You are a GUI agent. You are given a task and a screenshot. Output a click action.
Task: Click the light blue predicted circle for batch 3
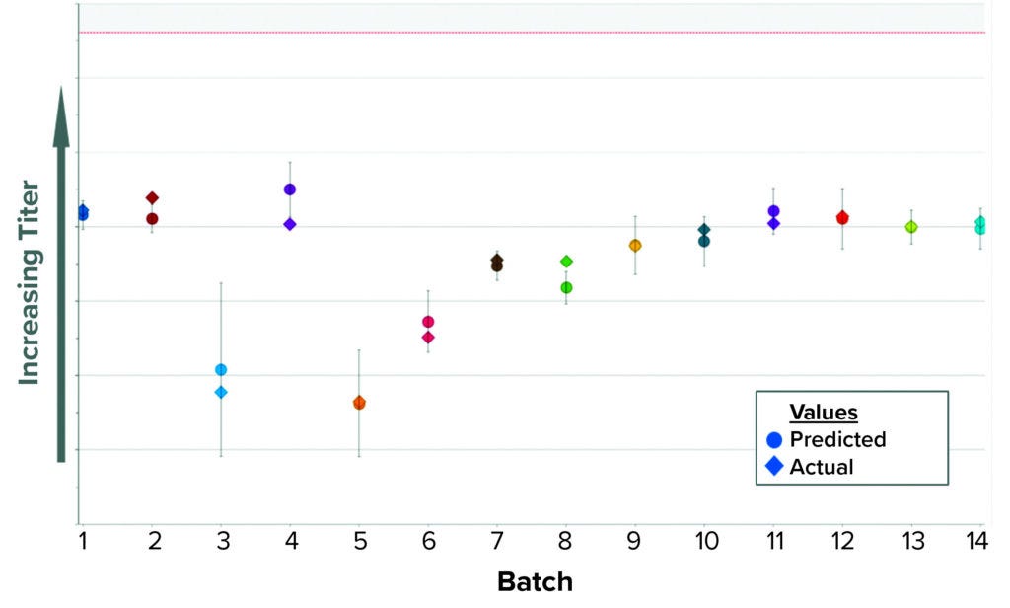[x=221, y=370]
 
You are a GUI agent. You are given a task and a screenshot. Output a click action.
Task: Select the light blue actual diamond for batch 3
[x=221, y=392]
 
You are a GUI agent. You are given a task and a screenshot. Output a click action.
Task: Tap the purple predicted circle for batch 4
[x=290, y=190]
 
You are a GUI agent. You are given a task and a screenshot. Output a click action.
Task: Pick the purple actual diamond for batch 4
[x=290, y=224]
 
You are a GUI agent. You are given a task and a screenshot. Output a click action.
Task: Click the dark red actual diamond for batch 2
[x=152, y=198]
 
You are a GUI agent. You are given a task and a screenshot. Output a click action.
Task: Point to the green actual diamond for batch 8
[x=566, y=262]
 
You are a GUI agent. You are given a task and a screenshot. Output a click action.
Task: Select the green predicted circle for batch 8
[x=566, y=287]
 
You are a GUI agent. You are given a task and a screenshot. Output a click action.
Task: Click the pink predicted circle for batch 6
[x=428, y=322]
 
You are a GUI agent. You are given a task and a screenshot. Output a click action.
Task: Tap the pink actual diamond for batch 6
[x=428, y=338]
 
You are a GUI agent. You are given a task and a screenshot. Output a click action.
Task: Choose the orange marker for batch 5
[x=359, y=403]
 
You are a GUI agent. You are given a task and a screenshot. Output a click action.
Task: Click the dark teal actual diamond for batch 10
[x=704, y=230]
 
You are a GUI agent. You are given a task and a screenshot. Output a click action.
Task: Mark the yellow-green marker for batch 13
[x=911, y=227]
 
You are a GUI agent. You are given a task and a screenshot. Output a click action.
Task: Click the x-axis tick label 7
[x=497, y=541]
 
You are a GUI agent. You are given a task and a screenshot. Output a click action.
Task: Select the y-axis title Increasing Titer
[x=29, y=282]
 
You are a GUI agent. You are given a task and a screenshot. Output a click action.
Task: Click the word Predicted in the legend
[x=837, y=440]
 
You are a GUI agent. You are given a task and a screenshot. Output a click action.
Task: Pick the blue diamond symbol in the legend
[x=774, y=467]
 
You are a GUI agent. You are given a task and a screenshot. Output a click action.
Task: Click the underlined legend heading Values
[x=824, y=413]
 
